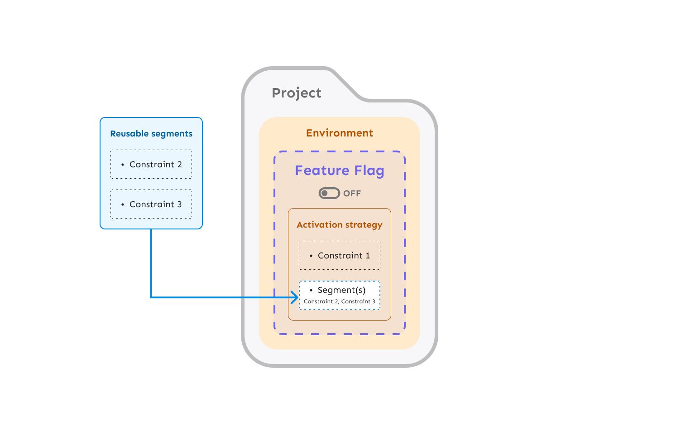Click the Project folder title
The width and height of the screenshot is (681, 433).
[x=297, y=93]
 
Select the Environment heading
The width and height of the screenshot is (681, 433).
[x=340, y=133]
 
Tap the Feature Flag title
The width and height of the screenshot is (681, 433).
[x=340, y=170]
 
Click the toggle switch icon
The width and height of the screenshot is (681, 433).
[x=329, y=194]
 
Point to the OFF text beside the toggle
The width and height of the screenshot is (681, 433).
[x=352, y=194]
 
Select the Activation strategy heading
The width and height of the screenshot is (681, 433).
[x=340, y=225]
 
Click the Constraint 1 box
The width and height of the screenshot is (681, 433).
[x=340, y=255]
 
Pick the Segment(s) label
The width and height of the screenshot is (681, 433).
[x=341, y=290]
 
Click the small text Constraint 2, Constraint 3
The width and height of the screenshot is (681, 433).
[x=340, y=302]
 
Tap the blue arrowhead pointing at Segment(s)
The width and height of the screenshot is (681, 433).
[x=296, y=297]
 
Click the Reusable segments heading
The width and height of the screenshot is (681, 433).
[x=151, y=134]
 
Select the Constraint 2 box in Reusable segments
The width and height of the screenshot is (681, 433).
[x=151, y=164]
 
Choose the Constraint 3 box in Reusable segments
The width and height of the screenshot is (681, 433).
[x=151, y=204]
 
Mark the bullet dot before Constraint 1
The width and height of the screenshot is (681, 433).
[x=311, y=256]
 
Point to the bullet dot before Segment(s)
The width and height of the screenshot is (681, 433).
[x=311, y=290]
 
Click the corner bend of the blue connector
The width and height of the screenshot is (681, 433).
[x=151, y=297]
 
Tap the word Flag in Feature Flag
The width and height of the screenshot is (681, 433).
[x=369, y=170]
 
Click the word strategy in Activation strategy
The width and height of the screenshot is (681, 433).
[x=364, y=225]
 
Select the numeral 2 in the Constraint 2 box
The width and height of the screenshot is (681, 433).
[x=179, y=165]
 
